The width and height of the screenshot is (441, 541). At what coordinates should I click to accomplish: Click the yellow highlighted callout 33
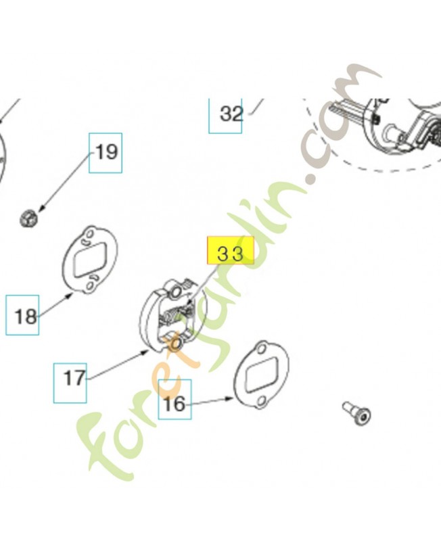pos(230,250)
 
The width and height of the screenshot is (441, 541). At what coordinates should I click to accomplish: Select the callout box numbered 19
pos(106,153)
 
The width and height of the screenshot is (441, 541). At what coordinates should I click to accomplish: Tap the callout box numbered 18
pos(22,314)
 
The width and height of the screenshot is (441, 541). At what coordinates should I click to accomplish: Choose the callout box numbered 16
pos(175,399)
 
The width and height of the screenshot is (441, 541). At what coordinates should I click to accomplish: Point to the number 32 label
pos(231,114)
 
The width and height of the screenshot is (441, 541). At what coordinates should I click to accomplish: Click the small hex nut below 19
pos(28,218)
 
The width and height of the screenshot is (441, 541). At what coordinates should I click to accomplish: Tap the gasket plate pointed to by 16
pos(261,375)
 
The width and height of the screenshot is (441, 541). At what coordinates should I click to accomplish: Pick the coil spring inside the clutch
pos(172,315)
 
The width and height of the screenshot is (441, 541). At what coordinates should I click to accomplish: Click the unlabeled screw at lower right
pos(357,413)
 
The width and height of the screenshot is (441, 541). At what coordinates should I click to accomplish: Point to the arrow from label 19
pos(65,182)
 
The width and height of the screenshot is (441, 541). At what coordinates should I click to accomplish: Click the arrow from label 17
pos(118,364)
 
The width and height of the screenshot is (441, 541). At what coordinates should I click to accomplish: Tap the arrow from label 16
pos(212,401)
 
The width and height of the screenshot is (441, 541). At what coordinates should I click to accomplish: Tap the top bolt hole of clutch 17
pos(176,292)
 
